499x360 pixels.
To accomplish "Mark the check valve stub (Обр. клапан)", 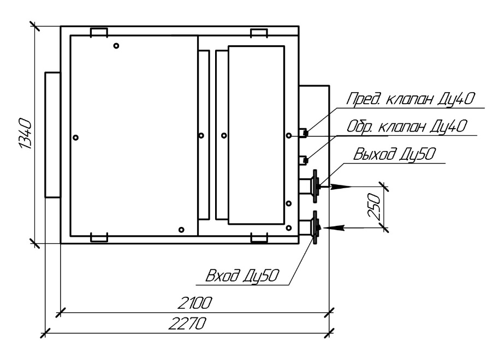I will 305,159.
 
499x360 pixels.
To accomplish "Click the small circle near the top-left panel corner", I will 116,46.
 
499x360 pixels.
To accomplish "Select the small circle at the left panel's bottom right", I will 182,229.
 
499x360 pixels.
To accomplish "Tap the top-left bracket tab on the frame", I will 99,32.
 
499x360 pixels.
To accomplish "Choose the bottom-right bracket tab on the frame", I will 258,238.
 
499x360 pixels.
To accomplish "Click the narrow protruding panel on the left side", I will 52,134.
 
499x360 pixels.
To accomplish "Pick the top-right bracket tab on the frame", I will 258,32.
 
